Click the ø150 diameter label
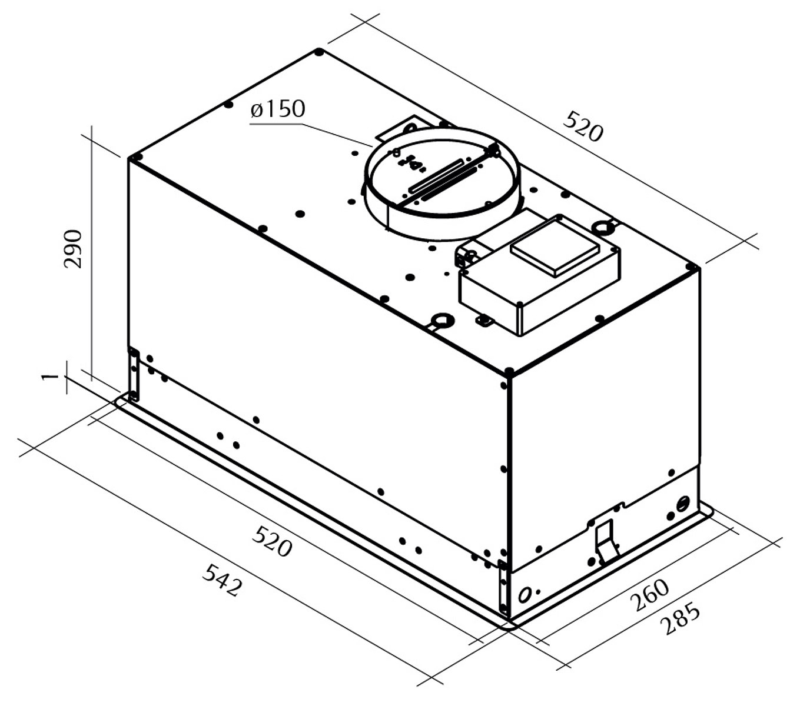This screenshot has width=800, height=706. pos(278,109)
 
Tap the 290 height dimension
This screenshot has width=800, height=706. pos(73,249)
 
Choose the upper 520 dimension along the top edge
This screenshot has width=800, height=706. pos(583,126)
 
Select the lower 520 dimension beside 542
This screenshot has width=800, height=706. pos(273,541)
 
